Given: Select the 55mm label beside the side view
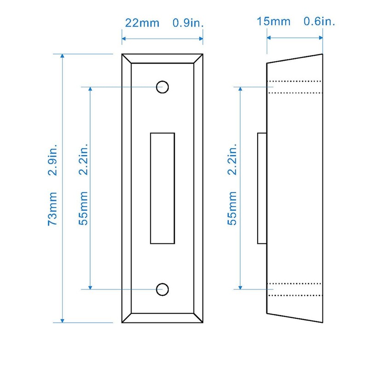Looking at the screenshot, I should click(232, 212).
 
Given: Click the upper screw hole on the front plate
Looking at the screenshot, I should click(162, 86).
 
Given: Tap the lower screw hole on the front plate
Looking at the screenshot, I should click(162, 289).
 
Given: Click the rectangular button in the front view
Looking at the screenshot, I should click(162, 188).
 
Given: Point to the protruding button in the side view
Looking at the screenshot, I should click(262, 188).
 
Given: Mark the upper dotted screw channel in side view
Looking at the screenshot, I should click(295, 87).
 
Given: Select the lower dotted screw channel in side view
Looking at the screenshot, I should click(295, 289).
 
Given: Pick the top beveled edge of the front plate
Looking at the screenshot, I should click(162, 58).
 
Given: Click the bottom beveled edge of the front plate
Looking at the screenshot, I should click(162, 317).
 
